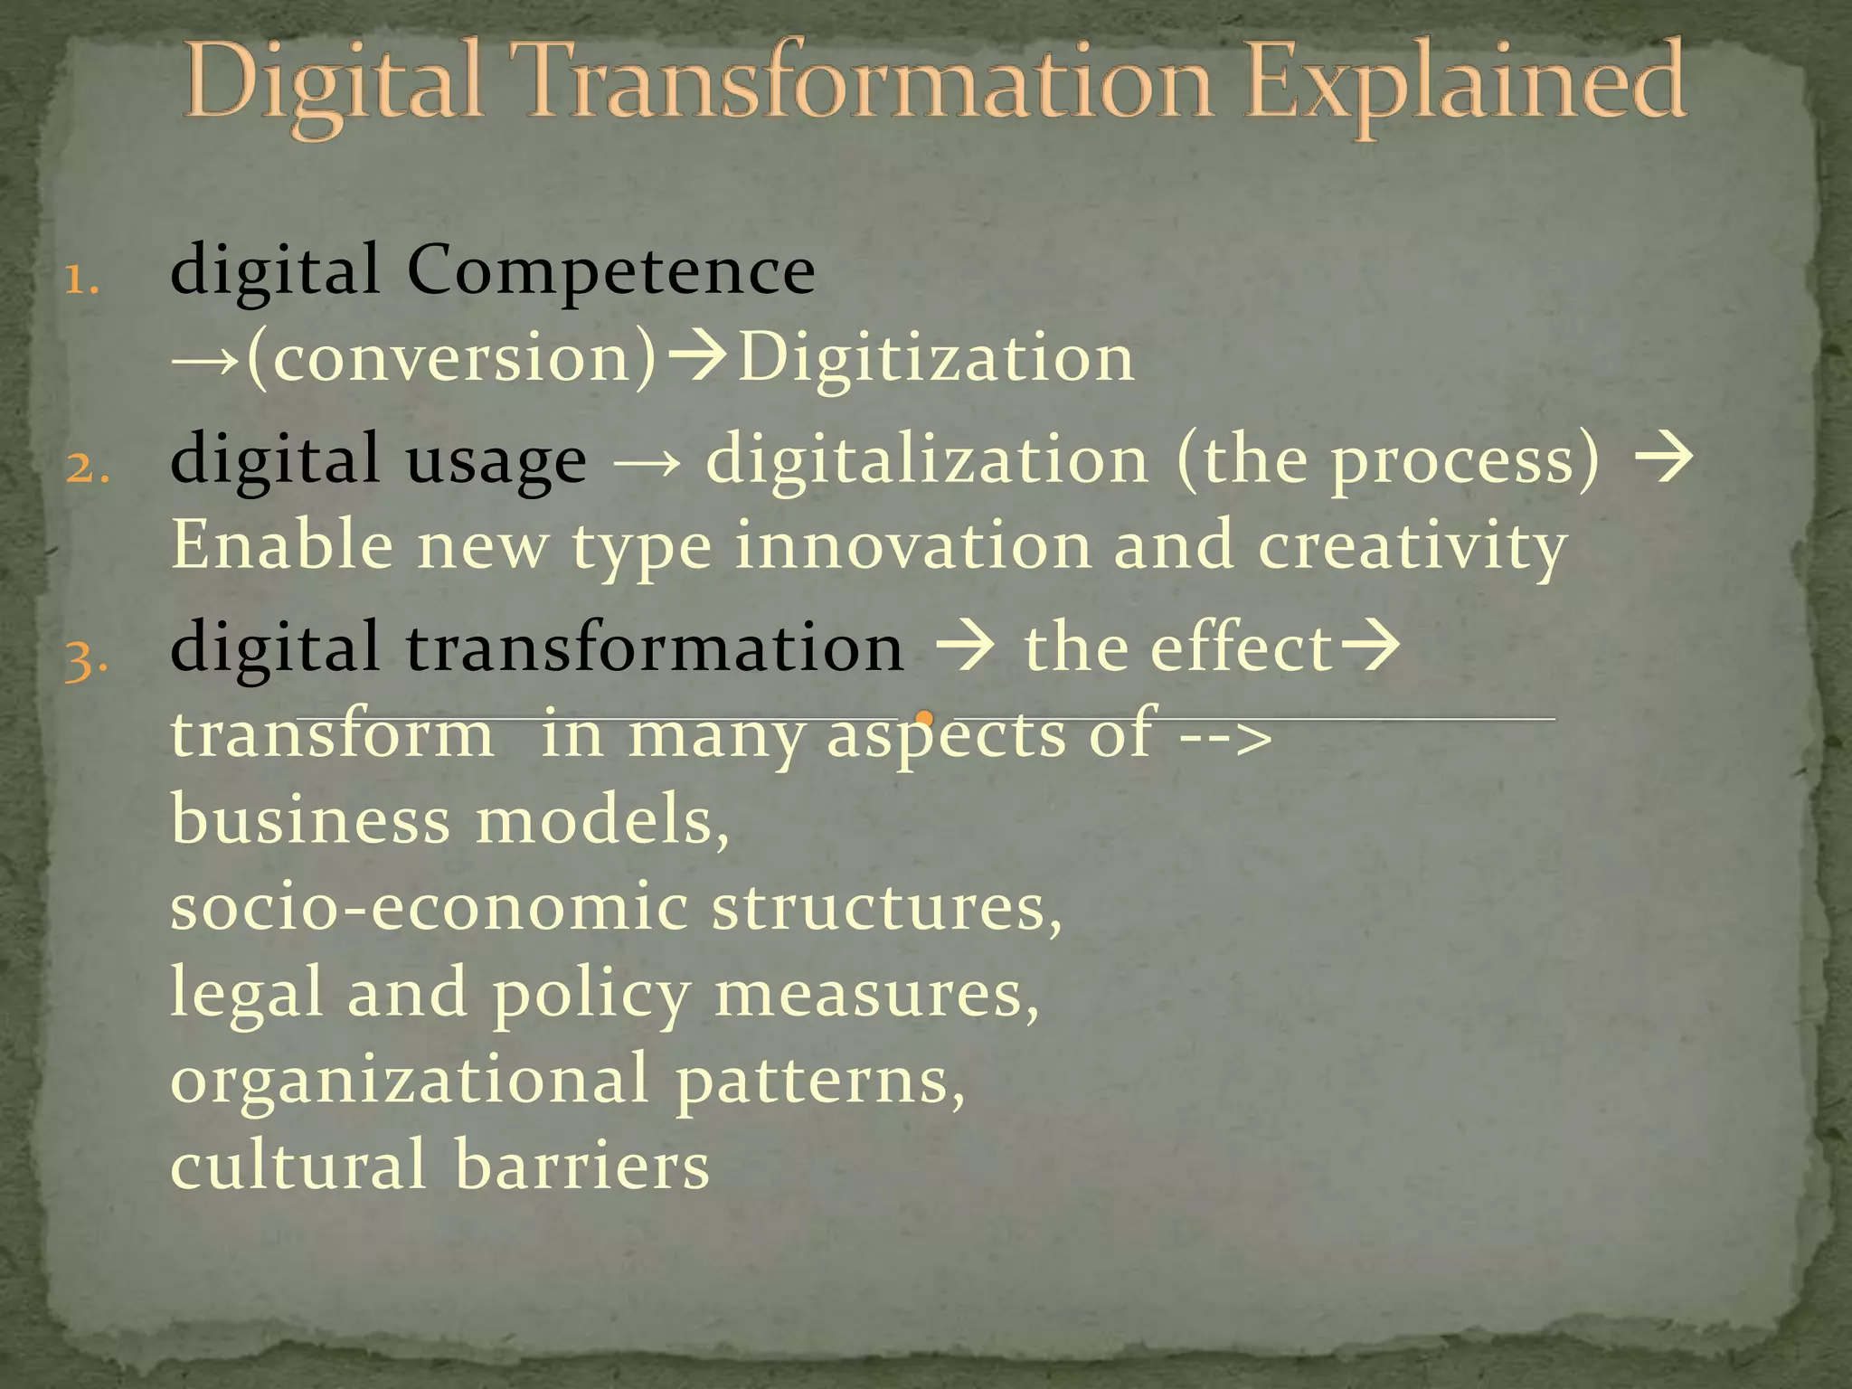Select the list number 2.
coord(87,468)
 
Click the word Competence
coord(610,271)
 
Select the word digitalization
coord(927,459)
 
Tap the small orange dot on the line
coord(924,719)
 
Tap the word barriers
coord(581,1165)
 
